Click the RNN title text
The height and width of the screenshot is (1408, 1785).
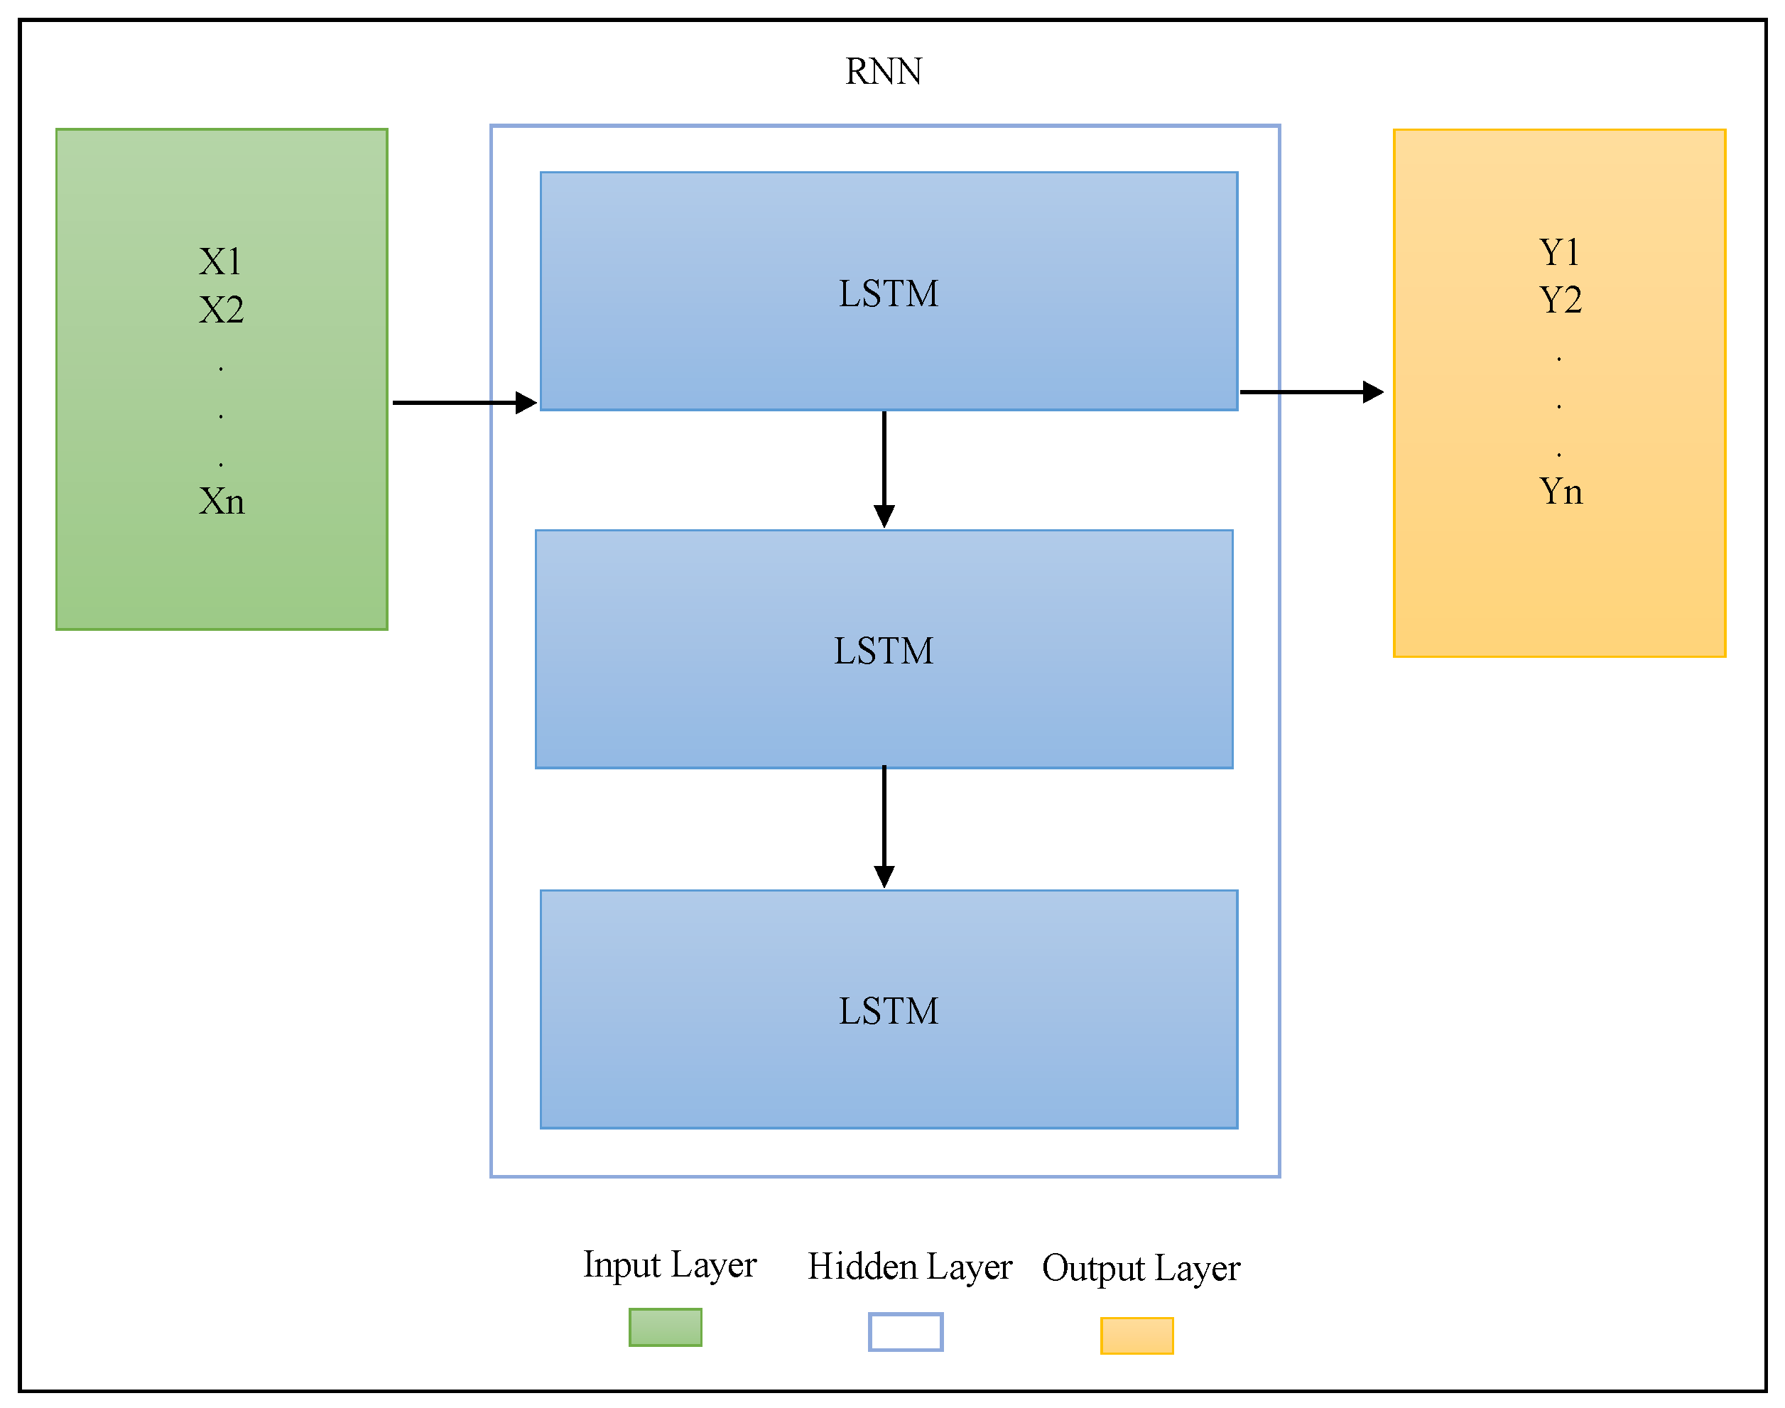pos(884,72)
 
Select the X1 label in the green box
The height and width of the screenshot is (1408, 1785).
pos(221,262)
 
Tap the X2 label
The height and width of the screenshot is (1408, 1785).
pos(221,310)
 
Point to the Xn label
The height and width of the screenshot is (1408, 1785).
pos(221,502)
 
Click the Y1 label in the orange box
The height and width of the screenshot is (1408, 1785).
pos(1559,252)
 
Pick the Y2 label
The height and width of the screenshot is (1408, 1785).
pos(1559,300)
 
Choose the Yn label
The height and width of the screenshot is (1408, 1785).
pos(1560,492)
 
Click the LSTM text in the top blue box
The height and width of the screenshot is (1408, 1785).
pos(889,293)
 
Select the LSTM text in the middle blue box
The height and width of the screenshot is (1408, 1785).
pos(884,651)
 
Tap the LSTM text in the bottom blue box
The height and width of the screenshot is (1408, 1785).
pos(889,1012)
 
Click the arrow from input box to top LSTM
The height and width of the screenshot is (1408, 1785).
pos(464,402)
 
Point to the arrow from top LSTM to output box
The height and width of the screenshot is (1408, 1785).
pos(1311,392)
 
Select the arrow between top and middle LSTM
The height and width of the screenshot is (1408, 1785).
pos(884,468)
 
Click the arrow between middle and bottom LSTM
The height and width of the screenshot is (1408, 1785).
pos(884,827)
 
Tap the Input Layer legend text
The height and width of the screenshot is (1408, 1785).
pos(669,1265)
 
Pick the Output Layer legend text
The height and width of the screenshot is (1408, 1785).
pos(1141,1269)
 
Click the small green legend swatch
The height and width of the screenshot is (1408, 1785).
pos(665,1327)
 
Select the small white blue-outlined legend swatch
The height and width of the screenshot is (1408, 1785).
pos(905,1332)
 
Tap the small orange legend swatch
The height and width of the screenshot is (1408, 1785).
pos(1136,1336)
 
